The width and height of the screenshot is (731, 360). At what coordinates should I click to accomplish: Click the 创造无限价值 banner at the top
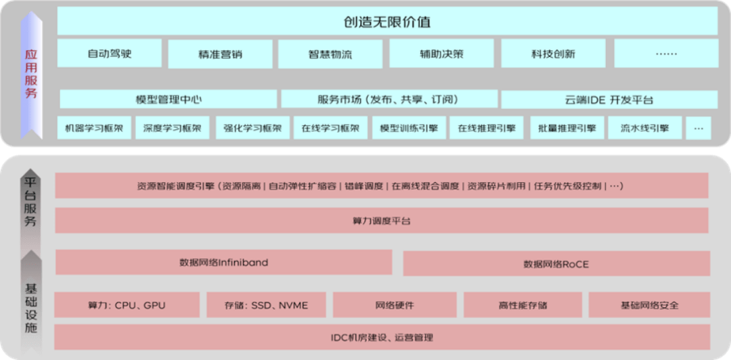tap(387, 22)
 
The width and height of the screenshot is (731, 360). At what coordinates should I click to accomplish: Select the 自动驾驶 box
tap(110, 53)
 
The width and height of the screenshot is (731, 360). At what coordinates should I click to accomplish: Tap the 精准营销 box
tap(221, 54)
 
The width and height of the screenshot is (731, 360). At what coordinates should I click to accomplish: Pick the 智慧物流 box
tap(330, 54)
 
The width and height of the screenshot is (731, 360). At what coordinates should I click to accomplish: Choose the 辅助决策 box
tap(441, 54)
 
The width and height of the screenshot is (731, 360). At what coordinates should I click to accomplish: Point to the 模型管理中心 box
tap(169, 99)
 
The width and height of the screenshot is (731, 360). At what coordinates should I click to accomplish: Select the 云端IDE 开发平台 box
tap(609, 100)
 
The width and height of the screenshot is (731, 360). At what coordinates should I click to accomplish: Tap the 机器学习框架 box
tap(94, 127)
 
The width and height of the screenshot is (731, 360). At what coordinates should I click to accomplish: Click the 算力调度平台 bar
tap(382, 221)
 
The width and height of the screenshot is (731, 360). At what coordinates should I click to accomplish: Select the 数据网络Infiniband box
tap(224, 262)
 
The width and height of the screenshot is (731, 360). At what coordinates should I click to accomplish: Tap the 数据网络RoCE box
tap(556, 264)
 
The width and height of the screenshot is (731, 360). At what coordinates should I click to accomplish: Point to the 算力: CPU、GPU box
tap(127, 305)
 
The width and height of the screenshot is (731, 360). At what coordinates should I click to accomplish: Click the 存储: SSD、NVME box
tap(266, 305)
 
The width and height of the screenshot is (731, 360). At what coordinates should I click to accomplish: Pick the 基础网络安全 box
tap(649, 305)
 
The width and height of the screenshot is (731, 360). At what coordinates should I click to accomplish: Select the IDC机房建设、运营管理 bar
tap(382, 337)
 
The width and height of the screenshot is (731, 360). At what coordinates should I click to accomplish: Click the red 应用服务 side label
tap(30, 74)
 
